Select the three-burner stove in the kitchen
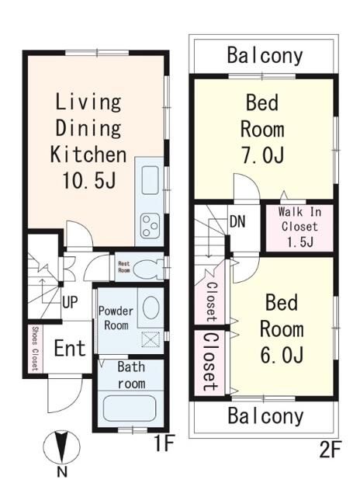click(x=150, y=225)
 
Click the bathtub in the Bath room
click(x=130, y=409)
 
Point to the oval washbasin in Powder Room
click(x=151, y=308)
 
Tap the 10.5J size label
click(x=88, y=181)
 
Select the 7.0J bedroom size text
click(x=262, y=155)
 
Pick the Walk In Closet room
click(x=299, y=228)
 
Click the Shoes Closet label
click(x=35, y=349)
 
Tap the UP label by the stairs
click(x=70, y=302)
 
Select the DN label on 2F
click(x=237, y=221)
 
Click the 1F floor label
click(x=164, y=443)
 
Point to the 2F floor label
click(x=330, y=450)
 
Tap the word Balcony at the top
click(x=265, y=55)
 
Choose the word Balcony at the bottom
click(x=265, y=416)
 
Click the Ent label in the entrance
click(x=70, y=348)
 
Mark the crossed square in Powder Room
click(x=151, y=339)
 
